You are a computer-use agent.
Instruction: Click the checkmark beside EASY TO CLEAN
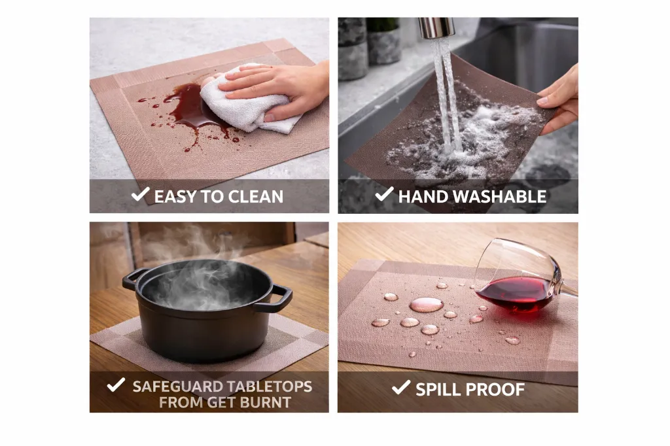[x=140, y=194]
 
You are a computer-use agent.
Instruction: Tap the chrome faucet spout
[x=436, y=27]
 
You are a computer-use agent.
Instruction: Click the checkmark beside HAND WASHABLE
[x=384, y=194]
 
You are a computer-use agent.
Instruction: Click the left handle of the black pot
[x=132, y=279]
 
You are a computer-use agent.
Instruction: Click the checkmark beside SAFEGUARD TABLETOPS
[x=116, y=385]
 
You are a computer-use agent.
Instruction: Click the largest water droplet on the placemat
[x=426, y=304]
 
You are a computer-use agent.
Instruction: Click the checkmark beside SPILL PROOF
[x=400, y=388]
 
